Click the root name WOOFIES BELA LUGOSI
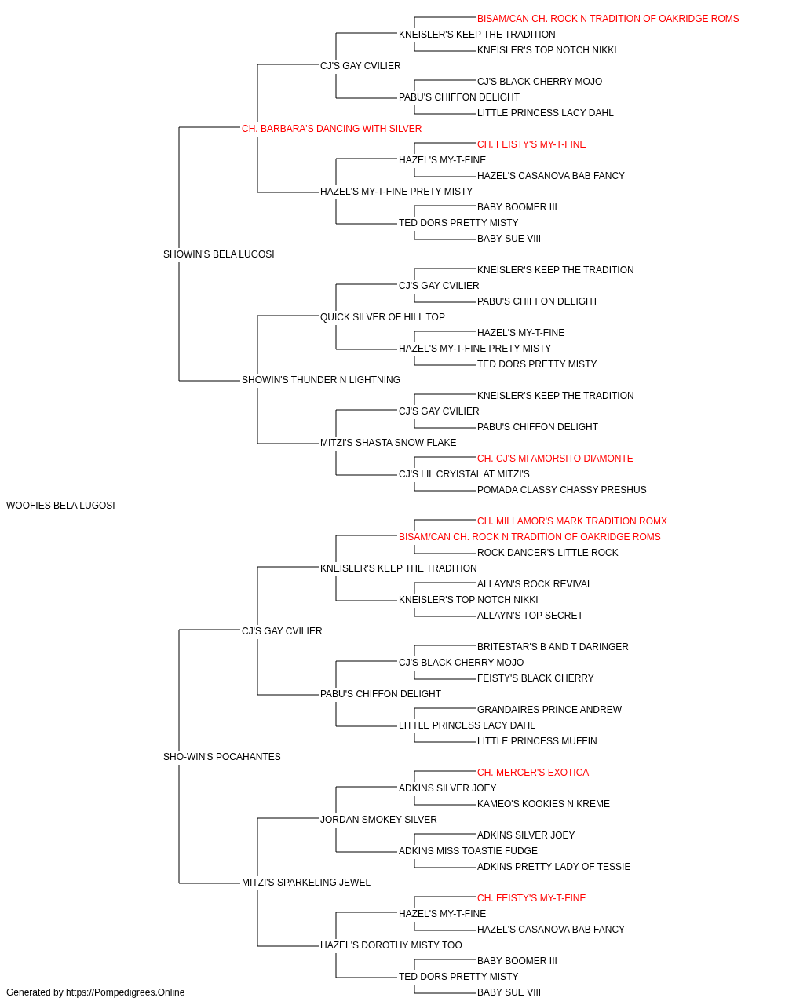point(60,505)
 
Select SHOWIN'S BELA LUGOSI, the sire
point(218,254)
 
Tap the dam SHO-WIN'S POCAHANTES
point(221,757)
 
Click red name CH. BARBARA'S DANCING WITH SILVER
point(331,129)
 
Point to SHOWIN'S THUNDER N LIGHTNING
point(321,380)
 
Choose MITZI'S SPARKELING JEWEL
point(305,883)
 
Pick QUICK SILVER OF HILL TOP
point(382,316)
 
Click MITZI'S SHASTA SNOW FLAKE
point(388,443)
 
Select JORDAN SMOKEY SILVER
point(378,820)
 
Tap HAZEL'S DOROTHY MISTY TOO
point(391,945)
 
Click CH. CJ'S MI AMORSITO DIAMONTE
point(555,459)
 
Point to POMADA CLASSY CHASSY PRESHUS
point(562,490)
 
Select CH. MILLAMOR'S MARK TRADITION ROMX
point(572,521)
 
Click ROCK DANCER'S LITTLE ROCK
point(547,553)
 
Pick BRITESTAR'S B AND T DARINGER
point(553,646)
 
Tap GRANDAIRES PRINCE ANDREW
point(549,710)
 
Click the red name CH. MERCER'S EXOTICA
point(532,773)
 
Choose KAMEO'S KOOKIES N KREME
point(543,804)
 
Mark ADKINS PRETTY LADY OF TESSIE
point(553,867)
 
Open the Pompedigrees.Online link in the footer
point(125,992)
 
